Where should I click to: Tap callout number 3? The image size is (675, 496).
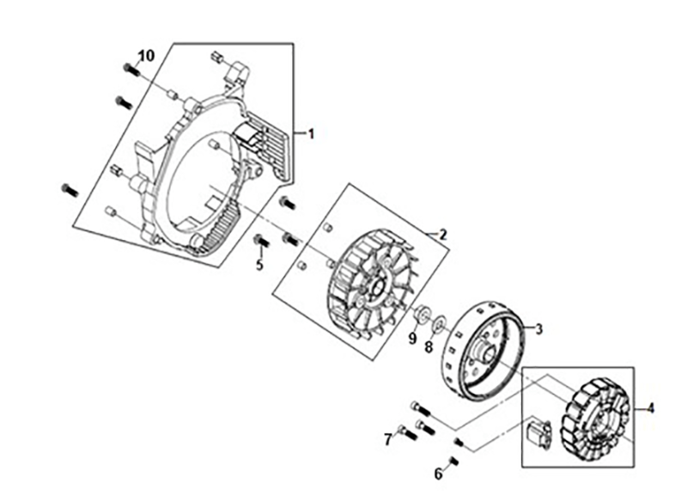(x=538, y=328)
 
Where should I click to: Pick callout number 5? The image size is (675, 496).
(x=259, y=265)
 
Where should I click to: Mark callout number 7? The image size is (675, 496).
(x=388, y=439)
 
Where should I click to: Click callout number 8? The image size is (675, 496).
(x=429, y=346)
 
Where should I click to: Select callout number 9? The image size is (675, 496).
(x=412, y=340)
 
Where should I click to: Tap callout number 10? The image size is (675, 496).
(x=146, y=56)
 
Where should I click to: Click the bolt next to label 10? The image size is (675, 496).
(x=131, y=69)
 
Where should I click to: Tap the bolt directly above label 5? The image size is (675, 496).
(x=260, y=240)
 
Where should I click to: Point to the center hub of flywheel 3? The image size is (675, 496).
(x=486, y=349)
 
